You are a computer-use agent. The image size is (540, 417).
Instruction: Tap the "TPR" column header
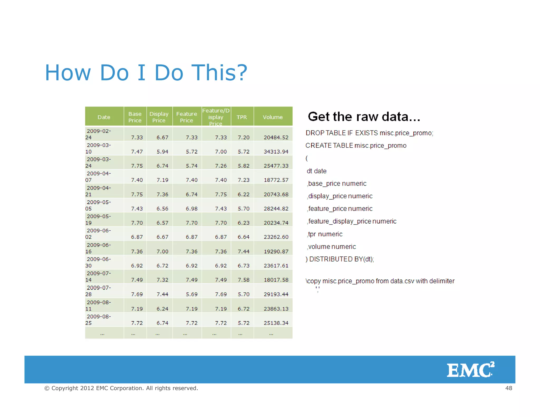[242, 117]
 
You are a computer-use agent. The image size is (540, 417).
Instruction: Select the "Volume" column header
[273, 117]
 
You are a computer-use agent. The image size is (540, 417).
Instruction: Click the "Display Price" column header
[159, 117]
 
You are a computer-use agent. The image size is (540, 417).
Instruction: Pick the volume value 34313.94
[276, 152]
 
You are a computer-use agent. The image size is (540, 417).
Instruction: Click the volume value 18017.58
[276, 280]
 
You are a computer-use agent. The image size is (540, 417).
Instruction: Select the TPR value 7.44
[243, 251]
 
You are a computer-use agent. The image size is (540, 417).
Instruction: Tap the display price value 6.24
[162, 309]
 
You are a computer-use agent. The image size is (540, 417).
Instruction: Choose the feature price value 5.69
[191, 294]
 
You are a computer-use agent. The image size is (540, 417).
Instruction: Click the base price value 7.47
[137, 152]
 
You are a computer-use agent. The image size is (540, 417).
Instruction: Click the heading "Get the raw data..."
[364, 117]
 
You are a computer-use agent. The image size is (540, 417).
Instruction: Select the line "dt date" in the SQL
[316, 171]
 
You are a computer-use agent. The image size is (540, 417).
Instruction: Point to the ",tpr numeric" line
[325, 234]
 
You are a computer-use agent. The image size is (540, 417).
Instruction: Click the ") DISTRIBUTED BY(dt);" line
[340, 259]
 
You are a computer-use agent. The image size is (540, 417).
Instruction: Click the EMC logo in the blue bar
[470, 370]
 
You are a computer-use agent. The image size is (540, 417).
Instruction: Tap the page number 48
[509, 388]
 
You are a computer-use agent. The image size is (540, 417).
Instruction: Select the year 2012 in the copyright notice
[87, 388]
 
